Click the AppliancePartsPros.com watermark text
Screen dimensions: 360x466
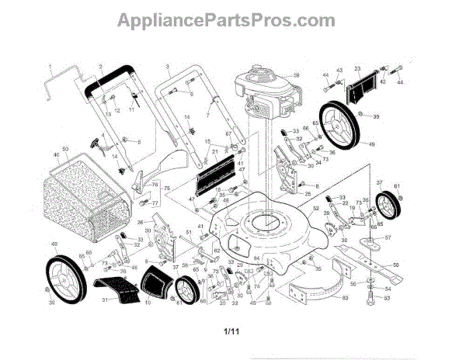pyautogui.click(x=233, y=20)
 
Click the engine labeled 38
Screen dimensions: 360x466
pyautogui.click(x=256, y=89)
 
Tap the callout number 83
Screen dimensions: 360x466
pyautogui.click(x=345, y=298)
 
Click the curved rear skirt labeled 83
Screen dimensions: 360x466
pyautogui.click(x=311, y=287)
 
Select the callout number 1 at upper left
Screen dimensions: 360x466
pyautogui.click(x=49, y=66)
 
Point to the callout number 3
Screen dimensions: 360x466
pyautogui.click(x=166, y=67)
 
